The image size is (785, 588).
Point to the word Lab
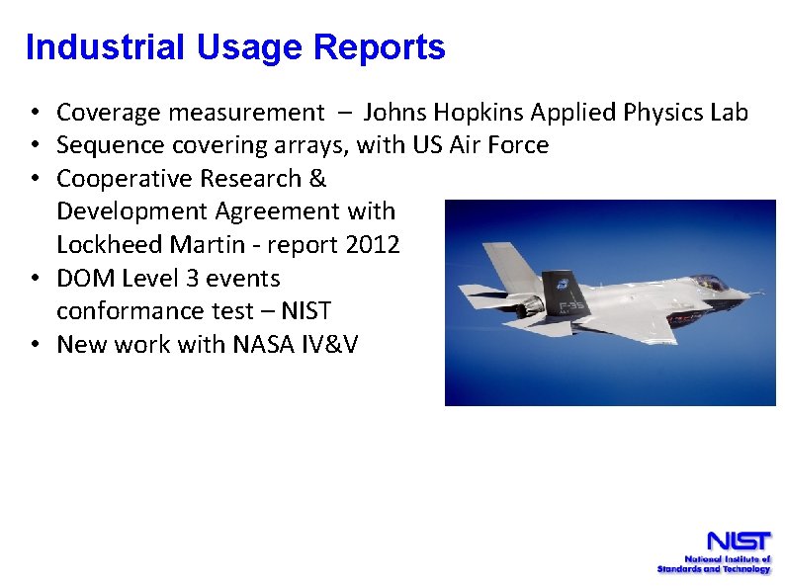pos(729,113)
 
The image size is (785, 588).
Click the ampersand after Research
pos(316,179)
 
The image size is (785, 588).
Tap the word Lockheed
pos(102,245)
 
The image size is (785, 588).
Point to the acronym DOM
pos(84,279)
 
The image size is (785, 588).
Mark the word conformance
pos(124,311)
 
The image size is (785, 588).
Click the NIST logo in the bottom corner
pos(714,551)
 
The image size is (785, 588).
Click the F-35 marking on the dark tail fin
pos(573,307)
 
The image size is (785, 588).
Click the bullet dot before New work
pos(34,345)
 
